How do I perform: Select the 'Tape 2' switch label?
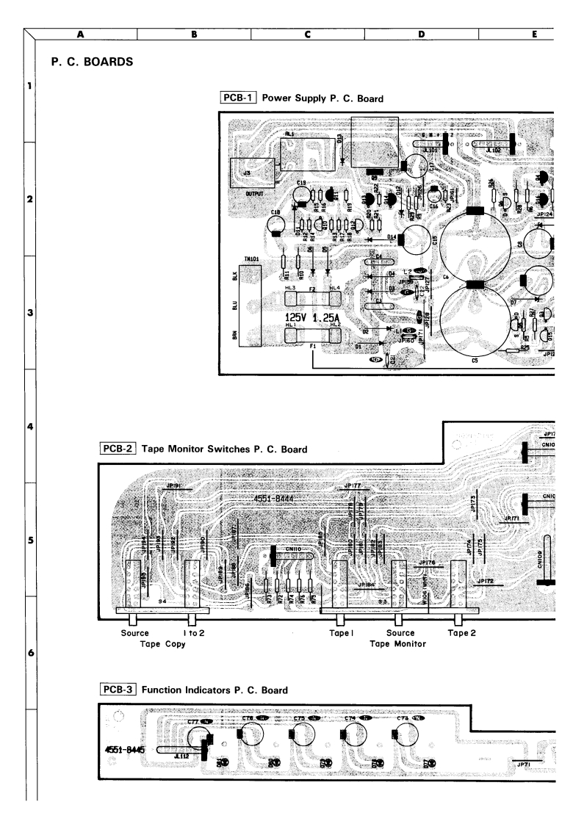[x=460, y=632]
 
